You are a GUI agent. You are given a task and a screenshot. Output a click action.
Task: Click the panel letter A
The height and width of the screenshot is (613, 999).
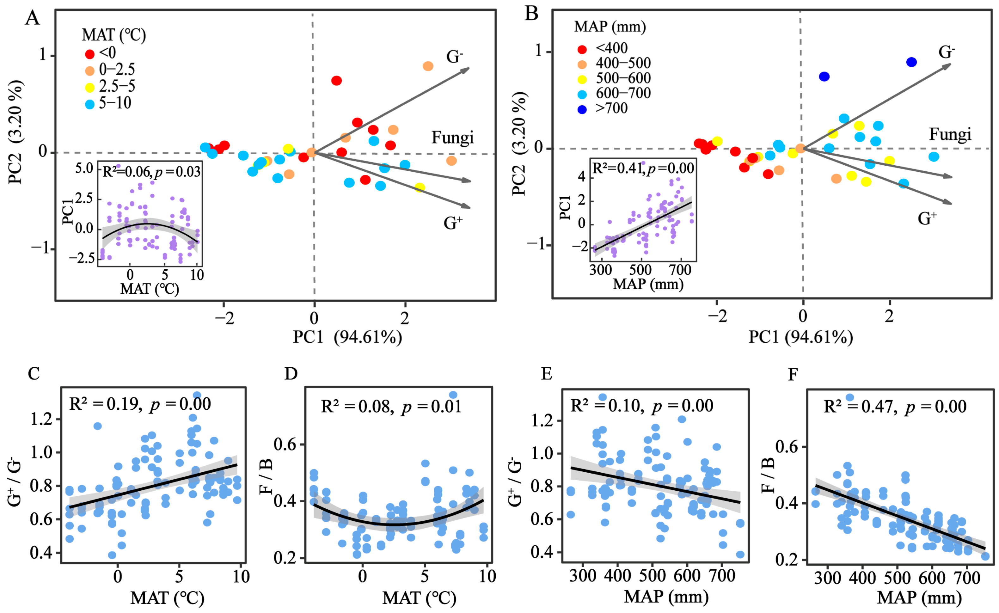click(x=33, y=19)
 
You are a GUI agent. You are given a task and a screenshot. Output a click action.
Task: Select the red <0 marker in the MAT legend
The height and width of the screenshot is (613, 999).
click(x=89, y=54)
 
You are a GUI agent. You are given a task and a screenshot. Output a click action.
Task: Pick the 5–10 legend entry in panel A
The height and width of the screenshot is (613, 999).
click(x=115, y=103)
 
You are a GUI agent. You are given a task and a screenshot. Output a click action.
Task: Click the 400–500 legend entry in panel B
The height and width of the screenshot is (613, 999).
click(x=623, y=63)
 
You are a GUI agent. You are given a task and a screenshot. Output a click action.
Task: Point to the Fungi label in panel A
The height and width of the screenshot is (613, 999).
click(x=452, y=138)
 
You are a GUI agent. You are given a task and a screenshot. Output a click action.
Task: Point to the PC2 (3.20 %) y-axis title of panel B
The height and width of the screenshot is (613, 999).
click(x=520, y=144)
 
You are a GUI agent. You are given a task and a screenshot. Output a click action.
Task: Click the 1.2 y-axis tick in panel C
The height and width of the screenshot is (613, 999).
click(x=42, y=419)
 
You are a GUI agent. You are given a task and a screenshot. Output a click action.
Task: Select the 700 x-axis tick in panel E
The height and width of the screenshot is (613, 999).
click(x=723, y=576)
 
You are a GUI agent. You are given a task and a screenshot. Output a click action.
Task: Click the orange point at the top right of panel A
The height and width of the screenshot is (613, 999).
click(x=428, y=66)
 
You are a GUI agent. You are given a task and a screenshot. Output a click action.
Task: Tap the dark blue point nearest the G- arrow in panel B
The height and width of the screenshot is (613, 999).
click(x=911, y=62)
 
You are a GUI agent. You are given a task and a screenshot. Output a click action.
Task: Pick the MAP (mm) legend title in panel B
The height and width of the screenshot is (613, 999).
click(x=610, y=27)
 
